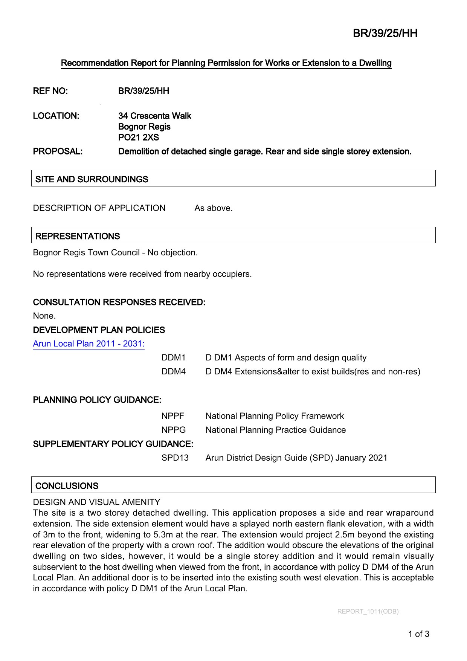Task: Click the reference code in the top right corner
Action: pyautogui.click(x=385, y=34)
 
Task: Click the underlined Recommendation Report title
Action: pyautogui.click(x=226, y=63)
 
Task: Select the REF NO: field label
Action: pyautogui.click(x=50, y=91)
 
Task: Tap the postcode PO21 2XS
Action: pyautogui.click(x=139, y=137)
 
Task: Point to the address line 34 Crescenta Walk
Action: pyautogui.click(x=154, y=116)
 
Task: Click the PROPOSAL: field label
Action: pyautogui.click(x=58, y=151)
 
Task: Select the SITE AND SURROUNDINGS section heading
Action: pyautogui.click(x=92, y=179)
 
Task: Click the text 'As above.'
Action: pyautogui.click(x=213, y=208)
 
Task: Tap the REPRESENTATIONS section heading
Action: pyautogui.click(x=78, y=236)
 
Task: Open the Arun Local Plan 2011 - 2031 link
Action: pyautogui.click(x=89, y=343)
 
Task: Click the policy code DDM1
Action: pyautogui.click(x=173, y=358)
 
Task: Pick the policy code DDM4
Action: pyautogui.click(x=173, y=372)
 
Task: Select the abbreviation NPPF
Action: pyautogui.click(x=173, y=416)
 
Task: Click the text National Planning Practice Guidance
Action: pyautogui.click(x=275, y=430)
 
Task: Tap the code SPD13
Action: pyautogui.click(x=175, y=458)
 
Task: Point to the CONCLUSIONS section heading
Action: pyautogui.click(x=67, y=486)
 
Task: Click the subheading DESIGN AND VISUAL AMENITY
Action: pyautogui.click(x=96, y=502)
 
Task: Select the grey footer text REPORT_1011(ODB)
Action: pyautogui.click(x=368, y=611)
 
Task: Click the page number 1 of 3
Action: pyautogui.click(x=418, y=634)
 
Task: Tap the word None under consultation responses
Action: pyautogui.click(x=44, y=316)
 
